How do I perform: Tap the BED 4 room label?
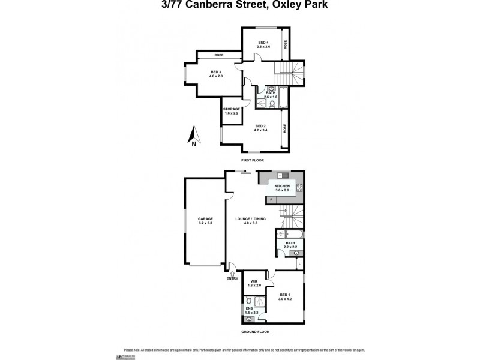263,42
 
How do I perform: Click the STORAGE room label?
232,109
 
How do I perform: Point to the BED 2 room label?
260,126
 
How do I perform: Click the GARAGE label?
205,219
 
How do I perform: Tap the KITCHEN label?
283,187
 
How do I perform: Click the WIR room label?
254,281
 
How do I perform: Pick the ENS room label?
248,308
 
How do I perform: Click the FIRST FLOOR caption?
252,160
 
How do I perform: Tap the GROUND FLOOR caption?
256,331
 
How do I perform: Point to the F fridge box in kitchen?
271,199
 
